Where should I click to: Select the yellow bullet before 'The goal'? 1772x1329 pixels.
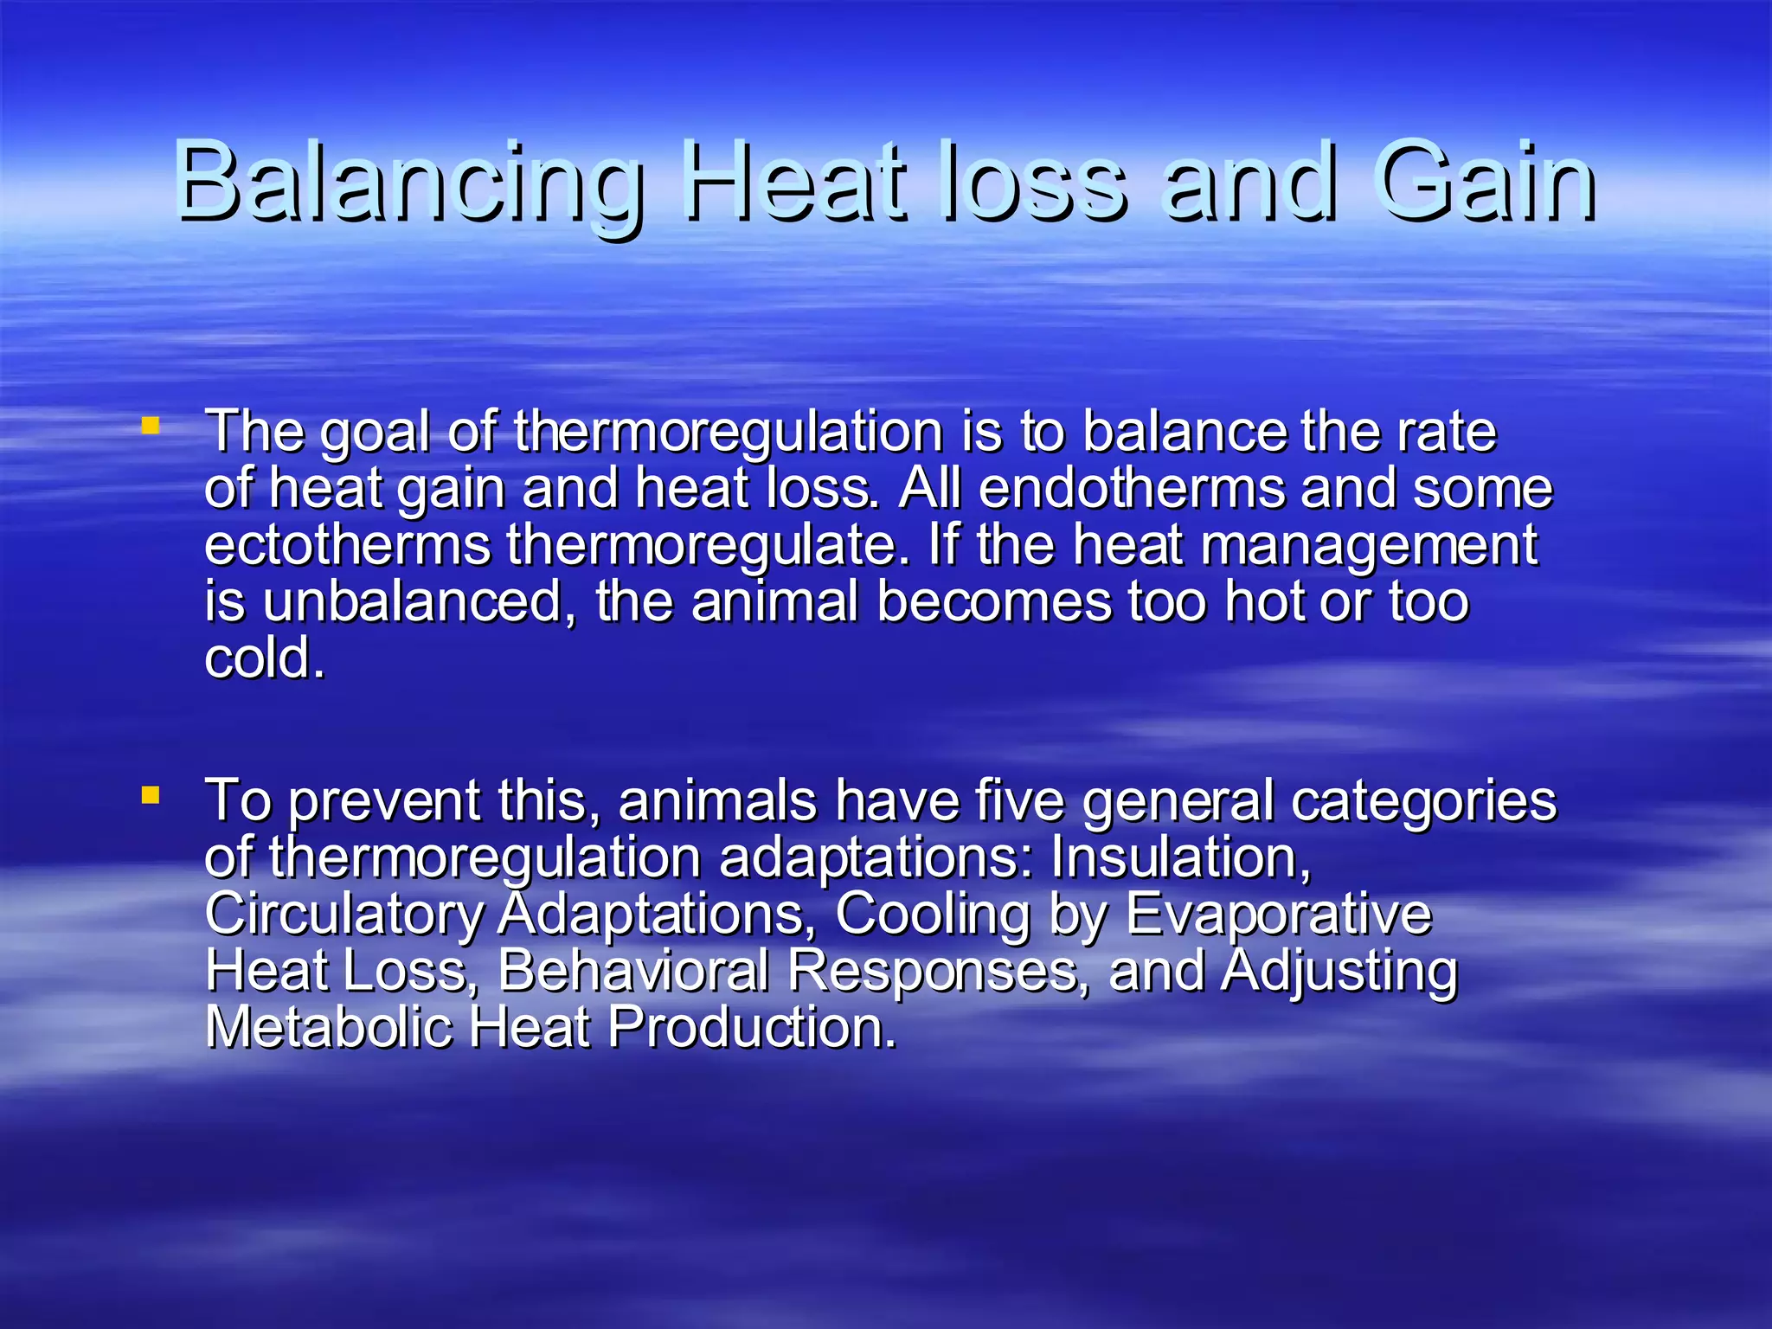click(151, 425)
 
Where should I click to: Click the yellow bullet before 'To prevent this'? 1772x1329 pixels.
click(151, 794)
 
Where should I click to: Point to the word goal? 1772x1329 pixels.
click(375, 433)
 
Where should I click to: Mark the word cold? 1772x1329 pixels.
click(264, 658)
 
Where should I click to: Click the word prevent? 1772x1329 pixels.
click(383, 803)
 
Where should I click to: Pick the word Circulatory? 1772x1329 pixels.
click(344, 915)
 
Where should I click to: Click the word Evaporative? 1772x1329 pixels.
click(1278, 915)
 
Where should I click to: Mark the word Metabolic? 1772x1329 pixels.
click(329, 1028)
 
